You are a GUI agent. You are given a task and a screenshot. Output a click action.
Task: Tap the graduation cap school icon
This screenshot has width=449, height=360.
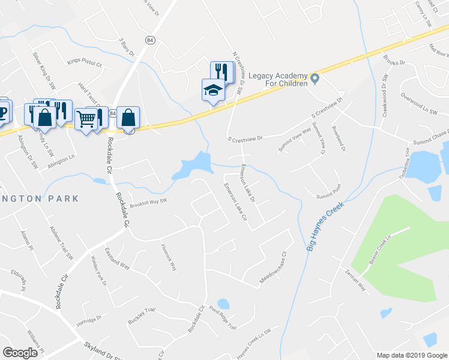pyautogui.click(x=212, y=90)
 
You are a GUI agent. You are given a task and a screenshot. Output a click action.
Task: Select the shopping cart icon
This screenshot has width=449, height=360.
pyautogui.click(x=86, y=119)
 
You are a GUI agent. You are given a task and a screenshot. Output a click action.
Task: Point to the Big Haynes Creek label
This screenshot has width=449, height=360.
pyautogui.click(x=321, y=230)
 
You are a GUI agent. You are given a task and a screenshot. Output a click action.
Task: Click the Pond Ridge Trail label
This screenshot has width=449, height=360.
pyautogui.click(x=223, y=319)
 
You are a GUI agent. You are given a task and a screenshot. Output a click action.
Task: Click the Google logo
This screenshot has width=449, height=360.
pyautogui.click(x=20, y=353)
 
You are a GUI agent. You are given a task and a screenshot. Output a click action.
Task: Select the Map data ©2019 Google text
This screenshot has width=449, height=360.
pyautogui.click(x=411, y=355)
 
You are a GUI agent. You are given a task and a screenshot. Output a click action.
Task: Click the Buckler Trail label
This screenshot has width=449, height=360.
pyautogui.click(x=141, y=316)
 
